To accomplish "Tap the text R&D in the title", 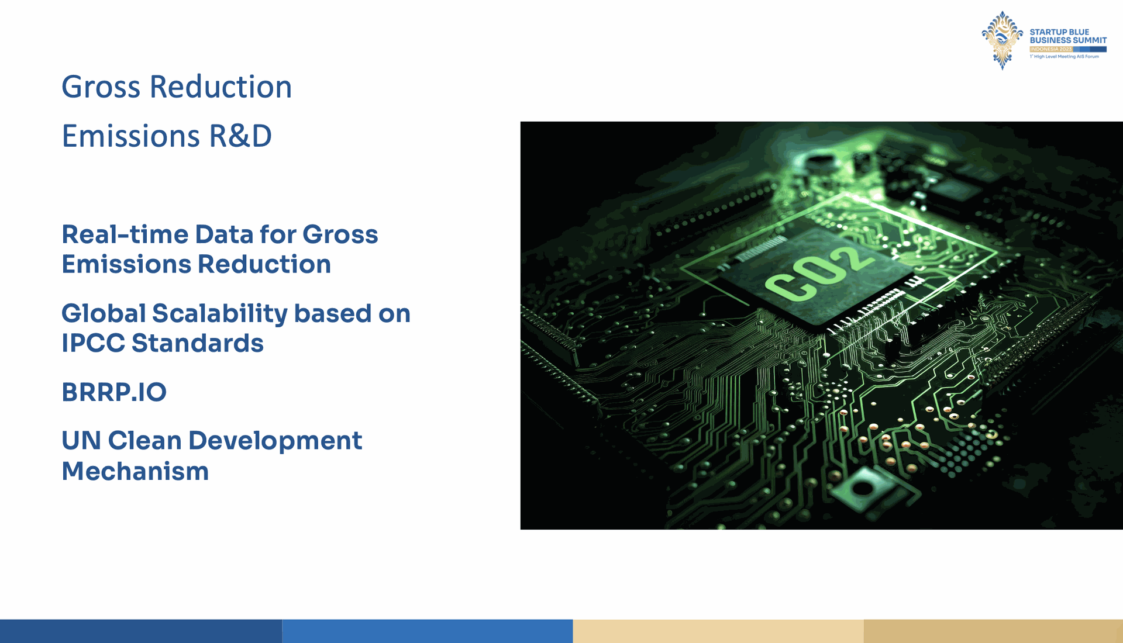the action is (240, 136).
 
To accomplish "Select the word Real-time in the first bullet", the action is (125, 234).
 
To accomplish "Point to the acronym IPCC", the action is (93, 343).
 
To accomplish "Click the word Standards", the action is (198, 343).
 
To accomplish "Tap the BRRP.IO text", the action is (114, 392).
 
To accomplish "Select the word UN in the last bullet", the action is (81, 441).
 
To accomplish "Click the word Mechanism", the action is (135, 471).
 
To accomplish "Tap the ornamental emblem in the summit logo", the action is (1003, 40).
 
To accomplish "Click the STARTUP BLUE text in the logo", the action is (1059, 32).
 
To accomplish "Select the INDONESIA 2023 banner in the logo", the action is (1051, 49).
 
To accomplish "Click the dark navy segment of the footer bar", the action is (141, 631).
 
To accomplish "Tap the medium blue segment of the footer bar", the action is (428, 631).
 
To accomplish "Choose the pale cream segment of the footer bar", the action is (718, 631).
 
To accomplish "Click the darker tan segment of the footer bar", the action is (993, 631).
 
